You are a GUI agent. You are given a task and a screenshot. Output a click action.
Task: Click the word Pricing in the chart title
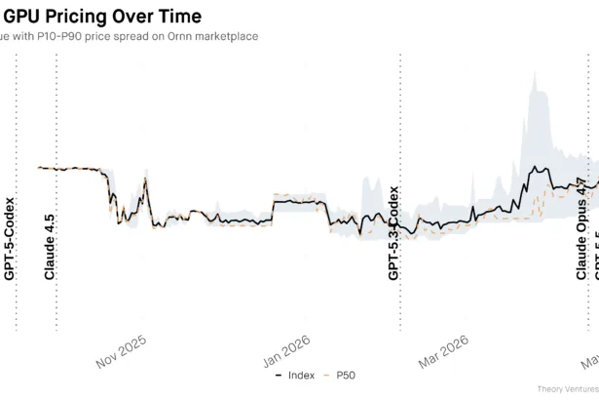(75, 17)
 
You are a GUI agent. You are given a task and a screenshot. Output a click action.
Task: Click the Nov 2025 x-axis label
(121, 351)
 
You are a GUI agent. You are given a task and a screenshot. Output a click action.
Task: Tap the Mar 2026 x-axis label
(444, 351)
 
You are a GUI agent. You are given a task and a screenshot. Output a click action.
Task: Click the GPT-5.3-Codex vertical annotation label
(394, 233)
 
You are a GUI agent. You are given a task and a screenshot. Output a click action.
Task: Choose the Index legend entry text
(301, 375)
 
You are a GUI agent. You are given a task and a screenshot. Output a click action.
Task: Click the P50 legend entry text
(345, 375)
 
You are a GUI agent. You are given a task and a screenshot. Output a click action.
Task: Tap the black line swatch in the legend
(280, 375)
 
